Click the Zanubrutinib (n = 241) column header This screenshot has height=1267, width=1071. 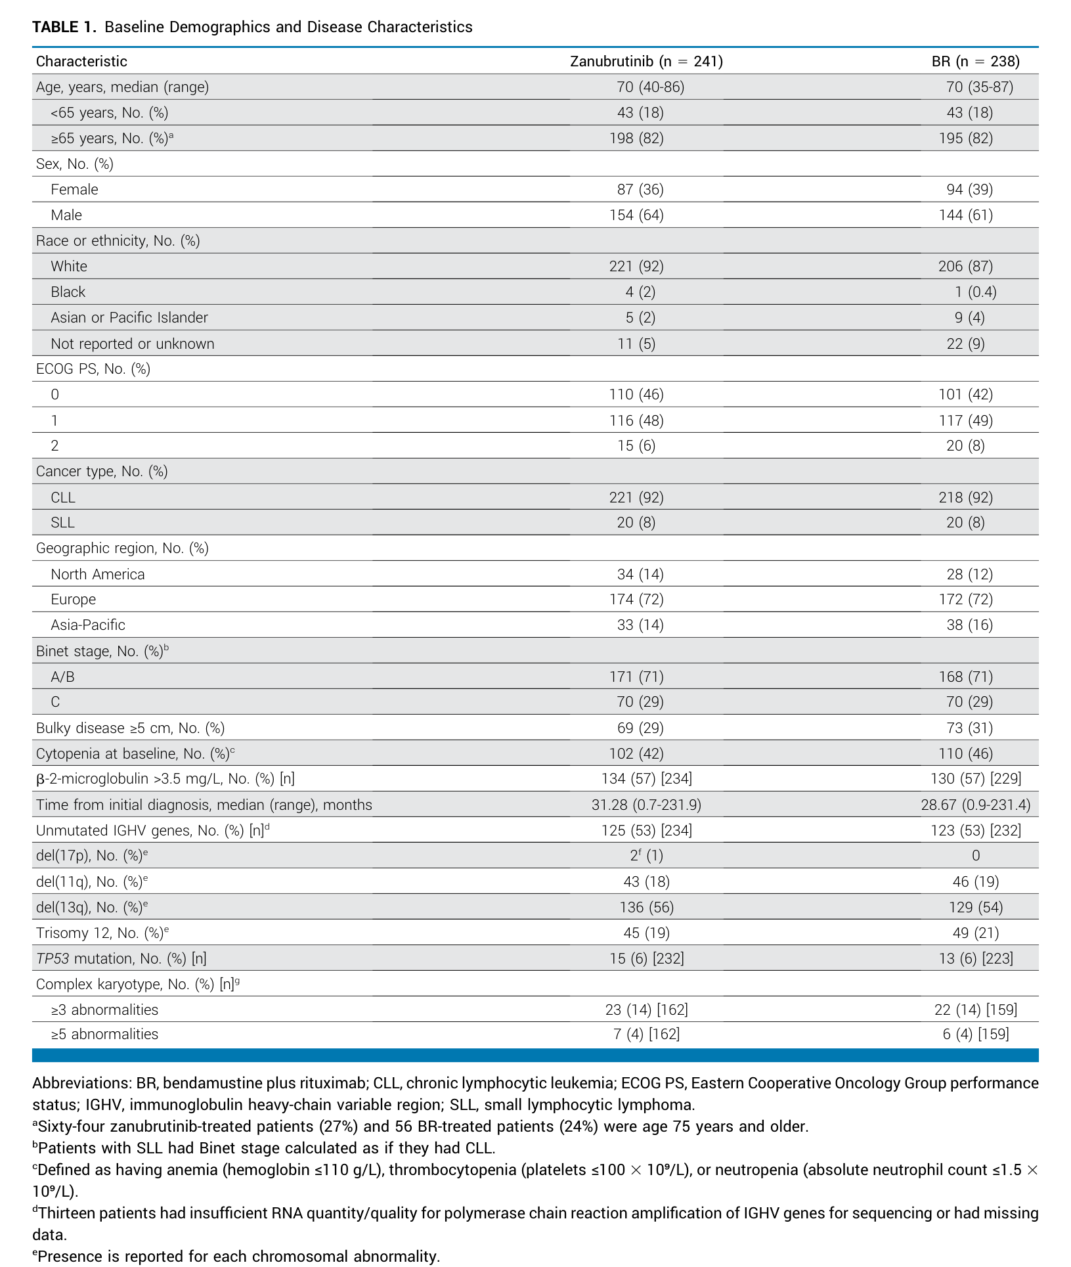pyautogui.click(x=646, y=61)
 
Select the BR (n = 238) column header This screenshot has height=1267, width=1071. pyautogui.click(x=975, y=61)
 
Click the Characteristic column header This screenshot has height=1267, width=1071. pyautogui.click(x=81, y=61)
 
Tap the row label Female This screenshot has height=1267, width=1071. pyautogui.click(x=74, y=189)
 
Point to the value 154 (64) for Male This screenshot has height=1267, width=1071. pyautogui.click(x=636, y=215)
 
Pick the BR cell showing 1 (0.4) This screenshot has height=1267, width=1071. pyautogui.click(x=975, y=292)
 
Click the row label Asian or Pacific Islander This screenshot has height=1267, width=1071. pyautogui.click(x=129, y=317)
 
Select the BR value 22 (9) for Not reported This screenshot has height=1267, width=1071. pyautogui.click(x=965, y=344)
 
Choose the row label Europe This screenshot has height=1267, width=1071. pyautogui.click(x=74, y=599)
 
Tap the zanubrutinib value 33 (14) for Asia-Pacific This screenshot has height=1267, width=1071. pyautogui.click(x=640, y=625)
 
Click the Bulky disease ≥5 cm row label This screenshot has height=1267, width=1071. pyautogui.click(x=130, y=728)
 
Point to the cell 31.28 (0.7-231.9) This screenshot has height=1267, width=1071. pyautogui.click(x=646, y=805)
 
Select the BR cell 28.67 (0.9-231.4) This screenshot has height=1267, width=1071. pyautogui.click(x=976, y=805)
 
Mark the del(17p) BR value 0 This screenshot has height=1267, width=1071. pyautogui.click(x=976, y=855)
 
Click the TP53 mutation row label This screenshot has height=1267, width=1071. pyautogui.click(x=121, y=958)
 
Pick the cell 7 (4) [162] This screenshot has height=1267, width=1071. pyautogui.click(x=647, y=1034)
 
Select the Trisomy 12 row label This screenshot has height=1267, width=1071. pyautogui.click(x=102, y=933)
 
